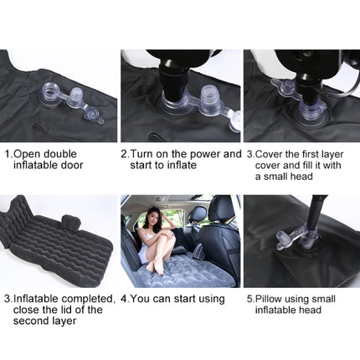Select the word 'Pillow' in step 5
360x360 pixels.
click(274, 298)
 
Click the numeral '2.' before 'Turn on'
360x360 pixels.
click(126, 154)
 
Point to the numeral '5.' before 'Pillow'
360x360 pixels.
click(250, 298)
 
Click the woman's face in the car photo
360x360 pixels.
click(155, 214)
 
